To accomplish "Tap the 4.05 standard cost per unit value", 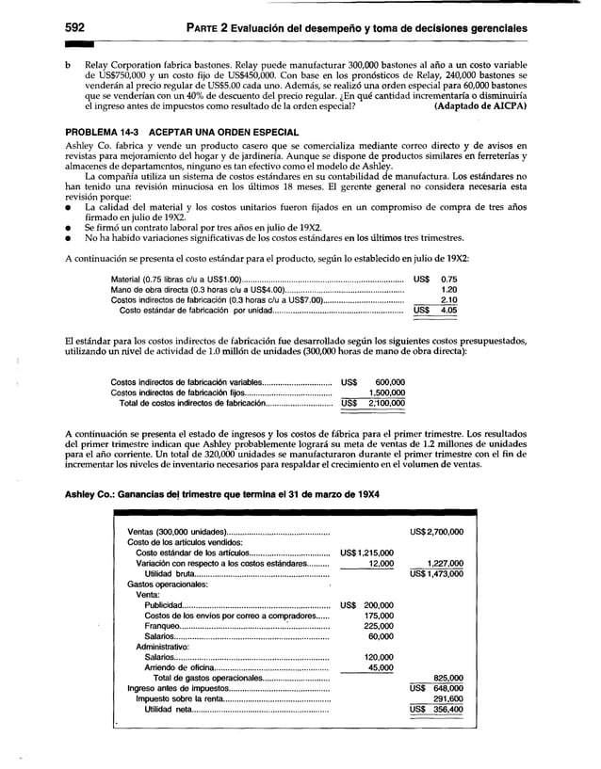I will (x=448, y=310).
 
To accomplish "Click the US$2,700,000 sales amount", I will (x=437, y=532).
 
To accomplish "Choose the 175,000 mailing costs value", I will (x=378, y=616).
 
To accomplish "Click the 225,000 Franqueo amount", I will (x=378, y=626).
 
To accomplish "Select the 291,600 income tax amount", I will (x=447, y=698).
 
